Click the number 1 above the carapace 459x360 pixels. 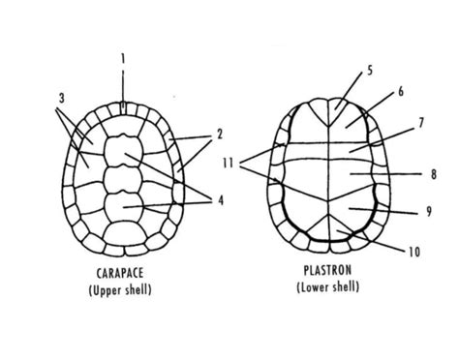pyautogui.click(x=123, y=58)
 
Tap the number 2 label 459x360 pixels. pyautogui.click(x=219, y=134)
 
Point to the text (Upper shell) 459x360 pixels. pyautogui.click(x=122, y=288)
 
